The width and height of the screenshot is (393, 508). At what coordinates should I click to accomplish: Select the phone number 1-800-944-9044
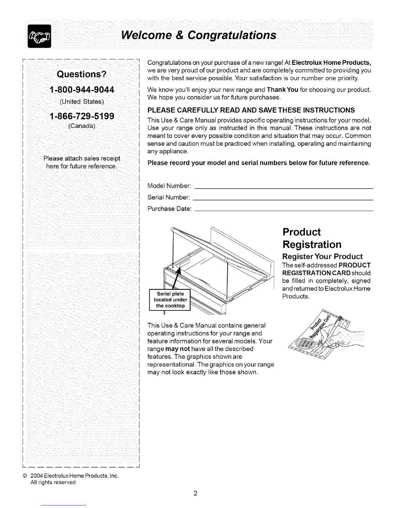click(82, 90)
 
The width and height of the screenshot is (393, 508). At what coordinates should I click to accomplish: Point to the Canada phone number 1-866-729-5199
click(82, 116)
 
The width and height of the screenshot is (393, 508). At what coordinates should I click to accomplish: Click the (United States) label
click(82, 102)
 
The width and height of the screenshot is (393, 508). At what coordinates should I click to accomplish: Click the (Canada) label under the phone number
click(82, 126)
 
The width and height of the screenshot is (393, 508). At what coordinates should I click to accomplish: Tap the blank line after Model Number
click(284, 188)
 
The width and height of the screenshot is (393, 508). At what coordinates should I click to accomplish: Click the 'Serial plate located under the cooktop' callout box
click(170, 300)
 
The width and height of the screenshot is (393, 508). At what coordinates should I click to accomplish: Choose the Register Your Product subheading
click(322, 256)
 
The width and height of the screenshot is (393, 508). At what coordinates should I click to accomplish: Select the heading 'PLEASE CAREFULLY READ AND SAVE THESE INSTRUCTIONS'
click(251, 110)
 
